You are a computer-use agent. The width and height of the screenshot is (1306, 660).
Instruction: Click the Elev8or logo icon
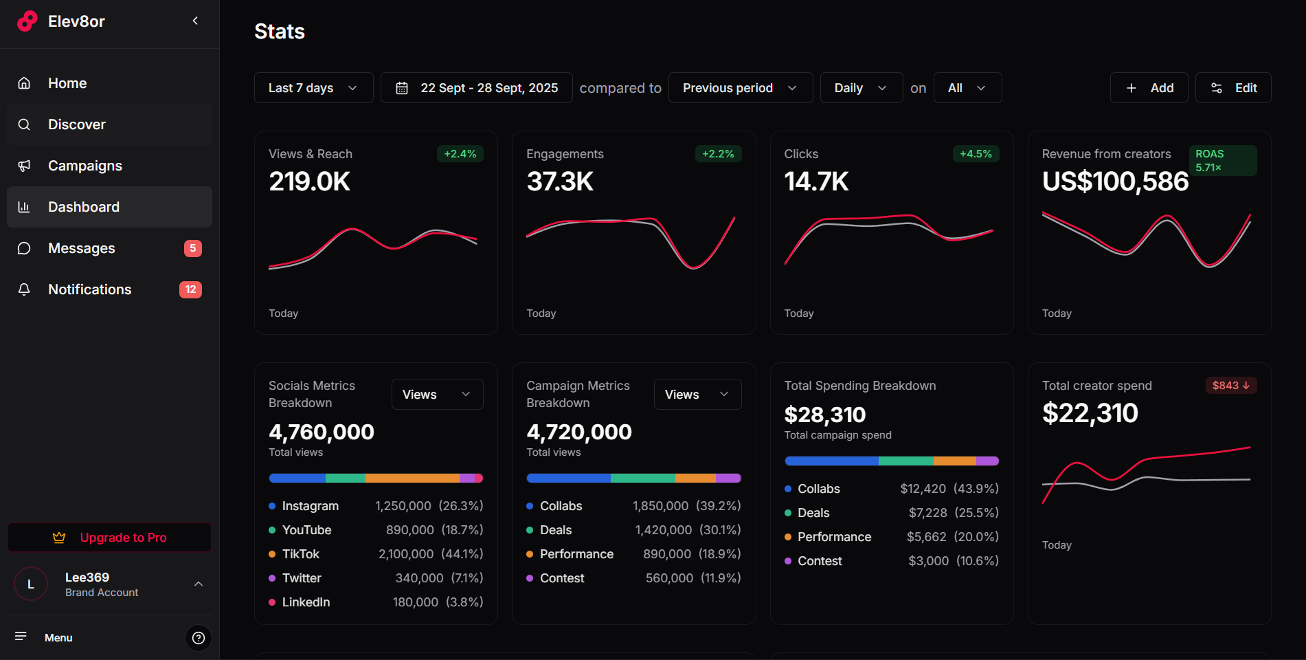click(x=27, y=21)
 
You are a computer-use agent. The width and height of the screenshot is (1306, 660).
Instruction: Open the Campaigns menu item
click(x=85, y=166)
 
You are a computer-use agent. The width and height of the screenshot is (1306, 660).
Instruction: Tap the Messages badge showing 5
click(x=193, y=248)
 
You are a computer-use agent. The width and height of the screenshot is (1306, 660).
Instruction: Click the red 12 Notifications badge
click(x=190, y=289)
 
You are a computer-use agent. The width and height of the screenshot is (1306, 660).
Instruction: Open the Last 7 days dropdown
click(x=313, y=88)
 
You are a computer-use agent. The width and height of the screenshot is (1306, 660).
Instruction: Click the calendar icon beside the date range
click(x=402, y=88)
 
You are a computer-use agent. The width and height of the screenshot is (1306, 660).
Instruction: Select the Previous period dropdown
click(x=740, y=88)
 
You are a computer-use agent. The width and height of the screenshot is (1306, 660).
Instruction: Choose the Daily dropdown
click(x=861, y=88)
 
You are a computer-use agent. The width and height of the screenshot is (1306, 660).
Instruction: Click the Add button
click(x=1149, y=88)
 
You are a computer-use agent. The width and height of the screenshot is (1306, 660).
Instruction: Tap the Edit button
click(x=1233, y=88)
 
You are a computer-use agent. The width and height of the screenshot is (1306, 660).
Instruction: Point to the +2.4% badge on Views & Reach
click(x=460, y=154)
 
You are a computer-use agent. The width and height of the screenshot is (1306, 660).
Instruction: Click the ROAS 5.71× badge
click(x=1222, y=161)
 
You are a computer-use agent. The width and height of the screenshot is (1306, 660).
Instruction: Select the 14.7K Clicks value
click(x=816, y=182)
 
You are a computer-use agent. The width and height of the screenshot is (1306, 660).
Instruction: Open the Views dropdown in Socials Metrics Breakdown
click(x=437, y=395)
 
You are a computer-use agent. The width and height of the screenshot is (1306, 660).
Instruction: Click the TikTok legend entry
click(x=300, y=554)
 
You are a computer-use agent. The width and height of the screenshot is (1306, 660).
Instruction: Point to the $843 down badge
click(x=1230, y=386)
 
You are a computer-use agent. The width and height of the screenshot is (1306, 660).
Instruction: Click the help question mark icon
click(x=199, y=638)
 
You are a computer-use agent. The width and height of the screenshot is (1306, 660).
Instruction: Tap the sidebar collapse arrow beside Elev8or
click(x=195, y=21)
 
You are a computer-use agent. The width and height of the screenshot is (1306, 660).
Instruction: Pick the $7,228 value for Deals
click(x=927, y=513)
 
